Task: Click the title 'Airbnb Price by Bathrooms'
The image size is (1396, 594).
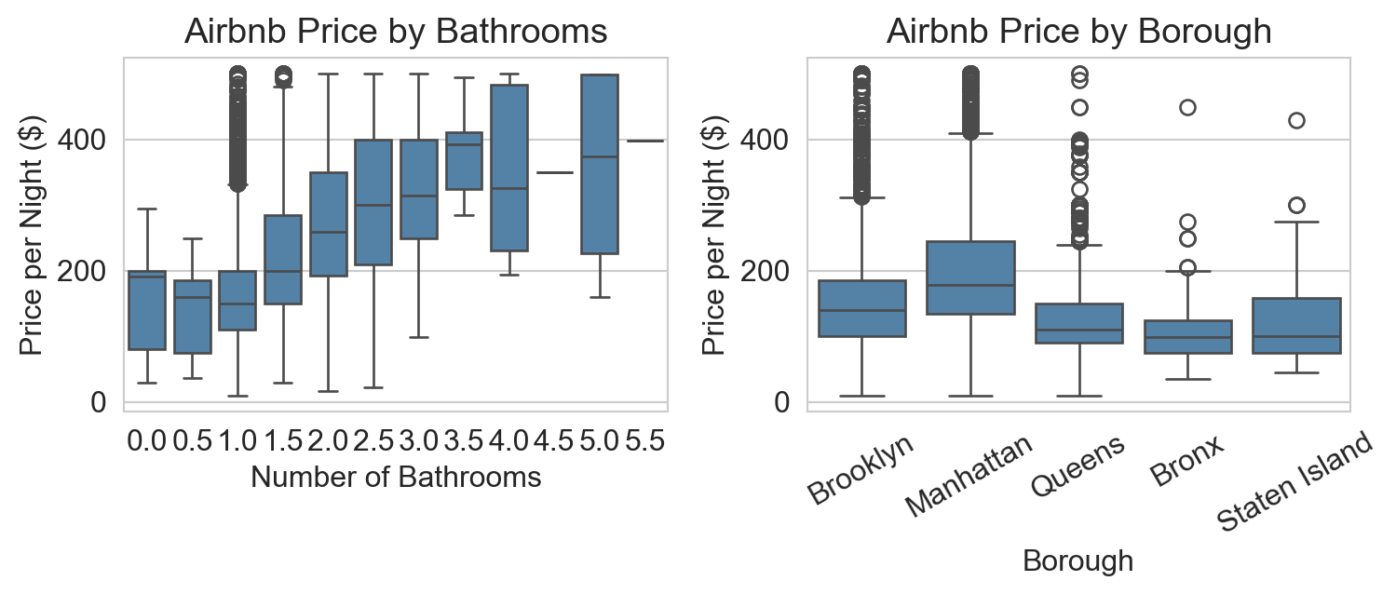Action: point(396,31)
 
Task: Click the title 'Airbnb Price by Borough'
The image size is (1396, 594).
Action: point(1078,31)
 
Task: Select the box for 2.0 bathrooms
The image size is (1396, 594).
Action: point(329,223)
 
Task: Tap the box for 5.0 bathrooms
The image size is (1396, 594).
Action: point(600,164)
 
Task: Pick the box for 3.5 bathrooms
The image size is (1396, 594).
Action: point(465,161)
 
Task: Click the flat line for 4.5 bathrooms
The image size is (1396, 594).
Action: point(555,172)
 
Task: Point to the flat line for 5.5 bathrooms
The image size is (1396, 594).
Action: point(645,141)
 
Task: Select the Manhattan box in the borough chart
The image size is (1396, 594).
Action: point(970,277)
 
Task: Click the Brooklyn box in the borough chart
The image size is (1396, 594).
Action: point(861,308)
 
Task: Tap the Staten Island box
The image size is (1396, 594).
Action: point(1296,326)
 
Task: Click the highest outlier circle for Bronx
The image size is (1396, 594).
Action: point(1187,108)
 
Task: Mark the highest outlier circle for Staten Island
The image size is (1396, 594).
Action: point(1296,121)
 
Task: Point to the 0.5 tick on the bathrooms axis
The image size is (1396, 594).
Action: point(193,441)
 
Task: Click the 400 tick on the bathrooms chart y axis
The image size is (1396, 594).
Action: point(82,140)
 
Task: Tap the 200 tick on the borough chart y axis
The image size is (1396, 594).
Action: point(764,271)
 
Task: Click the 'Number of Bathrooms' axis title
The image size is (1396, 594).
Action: point(396,478)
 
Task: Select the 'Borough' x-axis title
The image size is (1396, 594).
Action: point(1078,561)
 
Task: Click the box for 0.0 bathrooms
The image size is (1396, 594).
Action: point(147,310)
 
